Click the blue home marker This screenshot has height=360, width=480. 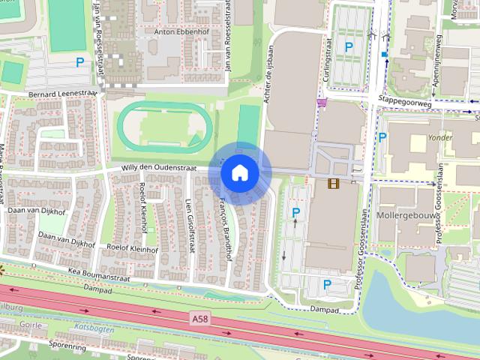[x=239, y=172]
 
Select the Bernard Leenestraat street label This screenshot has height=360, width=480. [x=63, y=94]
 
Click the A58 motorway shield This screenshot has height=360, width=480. [x=199, y=319]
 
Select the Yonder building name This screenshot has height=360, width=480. [x=440, y=137]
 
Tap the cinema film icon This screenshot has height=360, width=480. [x=333, y=183]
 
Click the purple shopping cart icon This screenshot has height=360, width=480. [x=322, y=103]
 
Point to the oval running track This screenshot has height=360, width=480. [x=162, y=126]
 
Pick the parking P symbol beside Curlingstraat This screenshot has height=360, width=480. [x=348, y=47]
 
